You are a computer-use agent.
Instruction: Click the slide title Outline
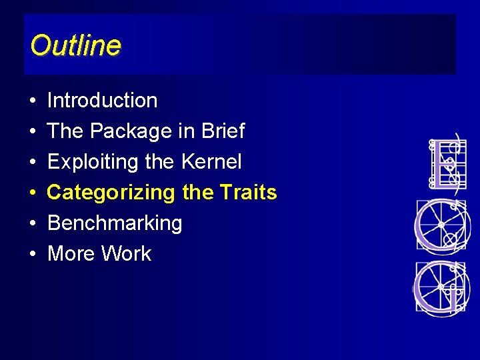pyautogui.click(x=75, y=45)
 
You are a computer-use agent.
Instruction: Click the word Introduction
pyautogui.click(x=102, y=101)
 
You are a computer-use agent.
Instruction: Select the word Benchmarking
pyautogui.click(x=114, y=223)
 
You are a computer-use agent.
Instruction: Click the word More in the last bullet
pyautogui.click(x=70, y=254)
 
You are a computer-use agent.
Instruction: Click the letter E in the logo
pyautogui.click(x=445, y=163)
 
